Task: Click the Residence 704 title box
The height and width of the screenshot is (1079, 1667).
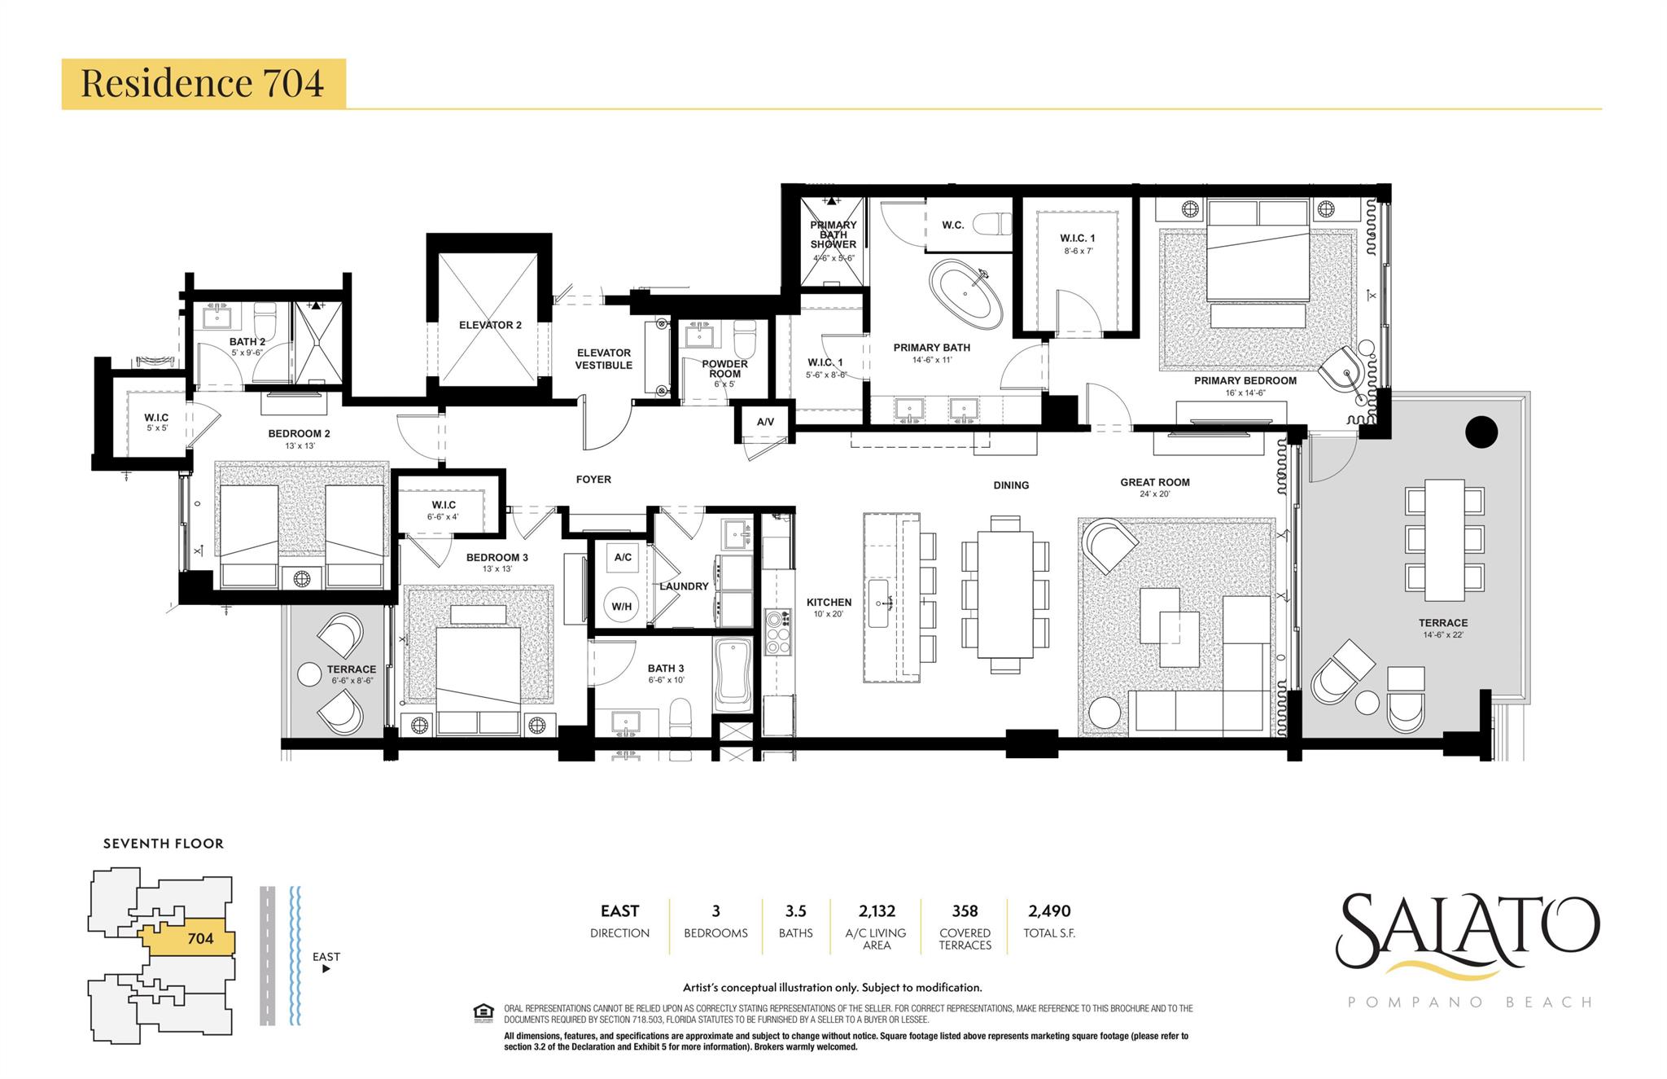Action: (x=203, y=83)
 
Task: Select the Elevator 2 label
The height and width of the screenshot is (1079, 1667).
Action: (x=490, y=325)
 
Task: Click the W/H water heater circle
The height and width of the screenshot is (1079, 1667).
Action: (x=622, y=606)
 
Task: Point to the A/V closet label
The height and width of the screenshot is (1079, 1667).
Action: (x=765, y=422)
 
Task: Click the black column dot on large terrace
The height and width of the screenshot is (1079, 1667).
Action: (x=1481, y=432)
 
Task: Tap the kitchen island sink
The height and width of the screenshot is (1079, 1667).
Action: (x=878, y=603)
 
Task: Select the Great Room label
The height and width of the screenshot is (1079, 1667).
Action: (x=1154, y=482)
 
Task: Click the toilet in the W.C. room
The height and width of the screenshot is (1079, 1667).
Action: (x=992, y=224)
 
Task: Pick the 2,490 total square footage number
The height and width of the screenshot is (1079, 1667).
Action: (x=1049, y=911)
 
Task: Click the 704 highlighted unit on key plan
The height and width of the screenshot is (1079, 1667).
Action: (x=199, y=938)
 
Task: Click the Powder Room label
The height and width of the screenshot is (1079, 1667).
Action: (x=724, y=369)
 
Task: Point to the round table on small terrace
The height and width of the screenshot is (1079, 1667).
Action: (x=310, y=674)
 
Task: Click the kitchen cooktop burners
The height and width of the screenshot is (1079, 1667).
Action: (x=777, y=631)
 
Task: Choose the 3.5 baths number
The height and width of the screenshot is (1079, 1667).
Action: (x=795, y=911)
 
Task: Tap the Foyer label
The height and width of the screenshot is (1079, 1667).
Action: (x=593, y=480)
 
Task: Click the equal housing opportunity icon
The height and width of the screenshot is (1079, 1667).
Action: (x=483, y=1011)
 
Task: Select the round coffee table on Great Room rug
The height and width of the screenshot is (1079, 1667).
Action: (x=1105, y=713)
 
